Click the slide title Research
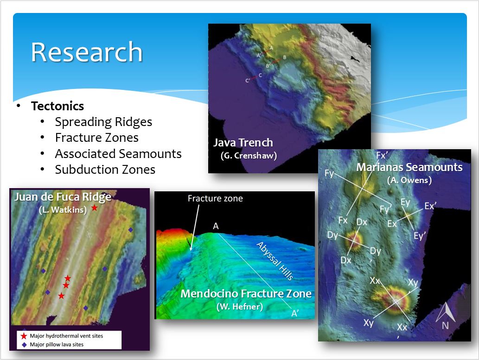[87, 52]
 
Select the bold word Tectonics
[57, 106]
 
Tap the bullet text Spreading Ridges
[103, 122]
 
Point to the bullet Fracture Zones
[96, 138]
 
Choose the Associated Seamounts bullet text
[118, 153]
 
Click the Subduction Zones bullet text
[105, 170]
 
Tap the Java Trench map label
[243, 143]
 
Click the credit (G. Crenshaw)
[249, 156]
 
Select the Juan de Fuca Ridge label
[63, 197]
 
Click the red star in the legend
[24, 336]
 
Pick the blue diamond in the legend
[24, 345]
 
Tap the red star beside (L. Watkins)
[95, 208]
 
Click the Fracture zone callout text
[215, 198]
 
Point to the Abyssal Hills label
[275, 260]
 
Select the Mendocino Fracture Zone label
[246, 293]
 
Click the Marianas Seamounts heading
[409, 167]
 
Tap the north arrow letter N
[445, 326]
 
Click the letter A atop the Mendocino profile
[216, 226]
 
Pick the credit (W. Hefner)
[239, 306]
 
